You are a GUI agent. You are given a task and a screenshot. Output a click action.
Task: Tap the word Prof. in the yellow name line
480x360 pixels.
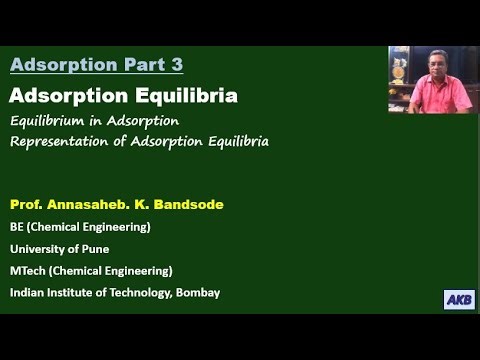click(x=27, y=204)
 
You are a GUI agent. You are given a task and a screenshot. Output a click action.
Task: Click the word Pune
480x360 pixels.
click(x=95, y=249)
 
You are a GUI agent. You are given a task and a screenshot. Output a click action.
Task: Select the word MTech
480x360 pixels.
click(x=30, y=270)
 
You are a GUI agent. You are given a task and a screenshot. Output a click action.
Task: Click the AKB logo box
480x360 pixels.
click(x=458, y=299)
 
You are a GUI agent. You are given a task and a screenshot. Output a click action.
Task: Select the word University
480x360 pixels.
click(x=40, y=249)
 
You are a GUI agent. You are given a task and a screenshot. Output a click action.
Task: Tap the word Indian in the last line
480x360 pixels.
click(x=28, y=292)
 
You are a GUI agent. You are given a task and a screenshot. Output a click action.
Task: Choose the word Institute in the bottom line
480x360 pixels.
click(x=73, y=292)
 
